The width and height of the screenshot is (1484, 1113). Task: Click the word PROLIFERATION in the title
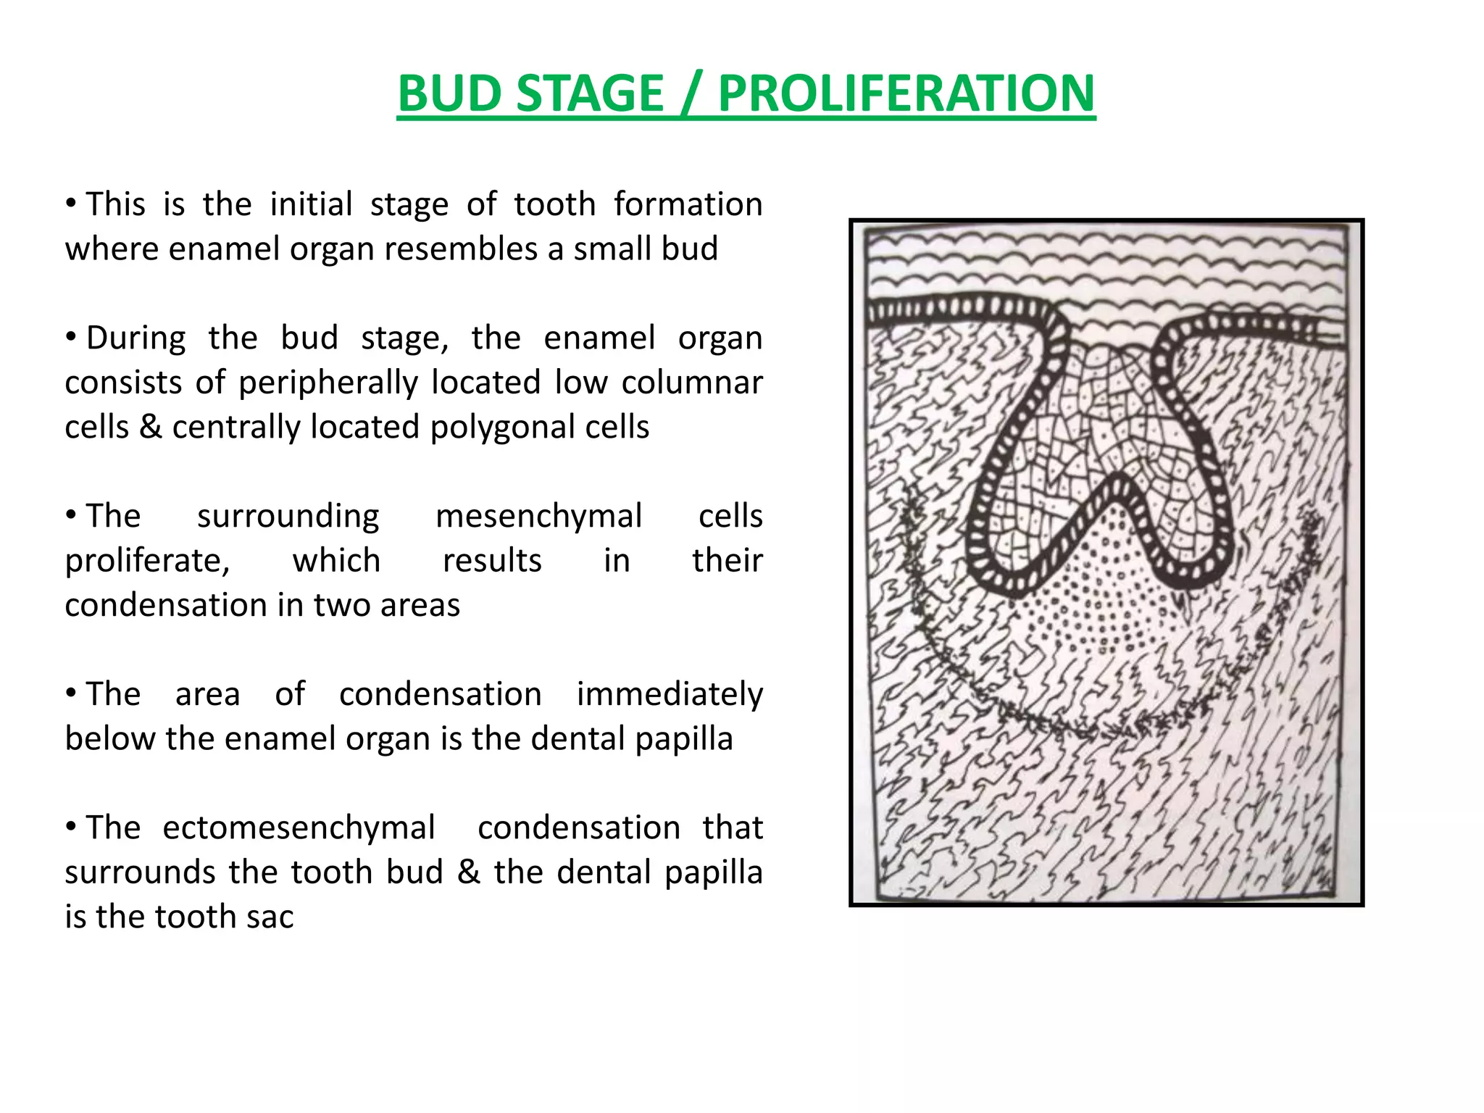coord(906,93)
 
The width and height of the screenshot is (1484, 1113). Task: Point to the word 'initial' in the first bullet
coord(311,204)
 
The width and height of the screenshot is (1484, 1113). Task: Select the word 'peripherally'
coord(328,383)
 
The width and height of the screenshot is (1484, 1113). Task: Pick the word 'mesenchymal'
coord(538,516)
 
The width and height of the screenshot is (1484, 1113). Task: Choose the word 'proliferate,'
coord(148,561)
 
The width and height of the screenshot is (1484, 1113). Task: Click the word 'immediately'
coord(669,694)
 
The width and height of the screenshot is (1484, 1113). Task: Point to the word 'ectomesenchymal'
coord(299,828)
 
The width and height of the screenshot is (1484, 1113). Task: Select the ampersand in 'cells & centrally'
coord(151,427)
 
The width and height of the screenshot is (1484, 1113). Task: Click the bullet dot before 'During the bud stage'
coord(71,338)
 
